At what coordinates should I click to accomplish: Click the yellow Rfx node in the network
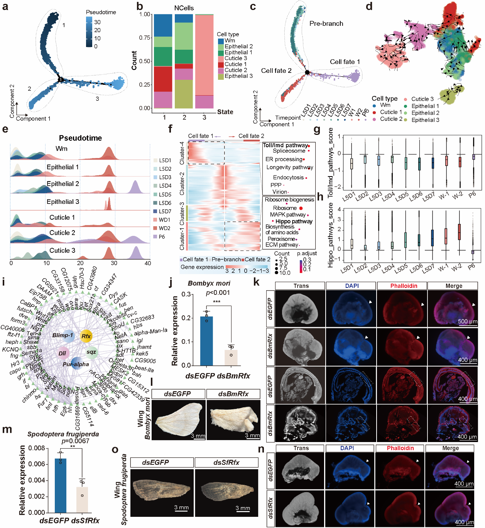[86, 336]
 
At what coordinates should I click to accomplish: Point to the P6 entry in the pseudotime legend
[162, 237]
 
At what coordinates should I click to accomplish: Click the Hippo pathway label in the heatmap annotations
[294, 222]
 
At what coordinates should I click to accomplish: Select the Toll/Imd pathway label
[285, 145]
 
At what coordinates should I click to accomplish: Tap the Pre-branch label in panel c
[326, 24]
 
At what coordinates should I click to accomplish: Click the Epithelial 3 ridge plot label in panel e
[63, 202]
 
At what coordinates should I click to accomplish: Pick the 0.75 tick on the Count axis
[145, 38]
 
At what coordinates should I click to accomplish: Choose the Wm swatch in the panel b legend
[221, 40]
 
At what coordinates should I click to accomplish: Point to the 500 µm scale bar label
[467, 321]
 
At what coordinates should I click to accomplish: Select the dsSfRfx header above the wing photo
[226, 462]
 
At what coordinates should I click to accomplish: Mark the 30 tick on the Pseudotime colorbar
[97, 22]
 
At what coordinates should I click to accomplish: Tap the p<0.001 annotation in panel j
[218, 293]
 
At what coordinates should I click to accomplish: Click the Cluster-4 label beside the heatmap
[182, 153]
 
